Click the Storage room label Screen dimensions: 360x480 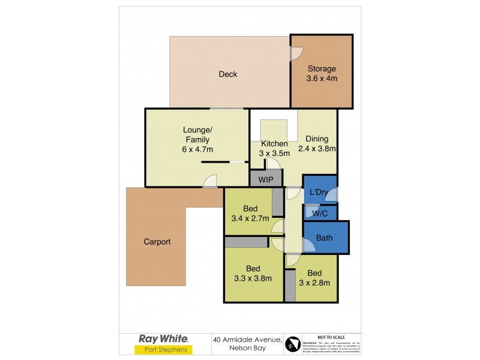point(322,73)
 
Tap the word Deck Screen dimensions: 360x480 point(227,74)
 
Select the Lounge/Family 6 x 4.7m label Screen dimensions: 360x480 point(197,139)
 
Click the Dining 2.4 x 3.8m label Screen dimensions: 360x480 point(316,143)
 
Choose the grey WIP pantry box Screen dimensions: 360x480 point(266,179)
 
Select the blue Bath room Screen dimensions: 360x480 point(325,238)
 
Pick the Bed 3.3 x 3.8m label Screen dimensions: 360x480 point(252,273)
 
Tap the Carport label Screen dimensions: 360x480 point(157,242)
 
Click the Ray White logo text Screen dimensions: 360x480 point(164,338)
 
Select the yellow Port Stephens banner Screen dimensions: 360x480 point(164,350)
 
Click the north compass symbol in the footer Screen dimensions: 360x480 point(292,344)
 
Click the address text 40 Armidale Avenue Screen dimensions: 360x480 point(247,339)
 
